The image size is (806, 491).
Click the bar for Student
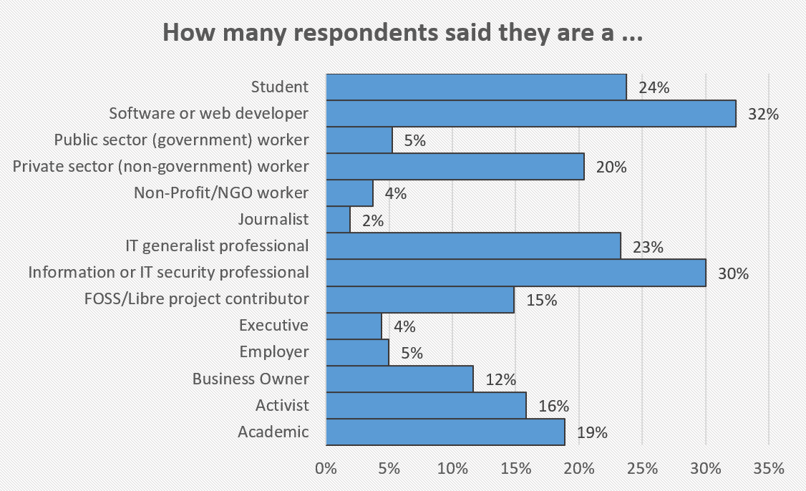tap(476, 87)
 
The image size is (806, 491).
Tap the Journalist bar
tap(338, 220)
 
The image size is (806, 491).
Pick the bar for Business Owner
tap(399, 379)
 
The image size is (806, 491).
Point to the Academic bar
tap(445, 432)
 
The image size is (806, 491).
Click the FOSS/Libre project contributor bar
tap(420, 299)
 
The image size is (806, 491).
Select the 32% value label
tap(762, 114)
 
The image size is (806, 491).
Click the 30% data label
tap(733, 273)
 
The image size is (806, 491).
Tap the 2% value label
tap(372, 220)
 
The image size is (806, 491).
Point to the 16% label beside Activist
tap(553, 406)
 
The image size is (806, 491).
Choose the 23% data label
tap(649, 248)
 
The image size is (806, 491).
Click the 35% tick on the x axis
tap(769, 469)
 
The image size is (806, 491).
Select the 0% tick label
tap(326, 469)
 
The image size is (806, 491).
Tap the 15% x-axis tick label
tap(516, 469)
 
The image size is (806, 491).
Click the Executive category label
tap(273, 326)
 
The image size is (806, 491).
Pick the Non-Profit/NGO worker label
tap(221, 193)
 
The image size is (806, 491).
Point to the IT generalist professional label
tap(217, 246)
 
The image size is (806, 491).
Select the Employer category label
tap(274, 352)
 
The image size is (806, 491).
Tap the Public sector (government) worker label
tap(182, 140)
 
